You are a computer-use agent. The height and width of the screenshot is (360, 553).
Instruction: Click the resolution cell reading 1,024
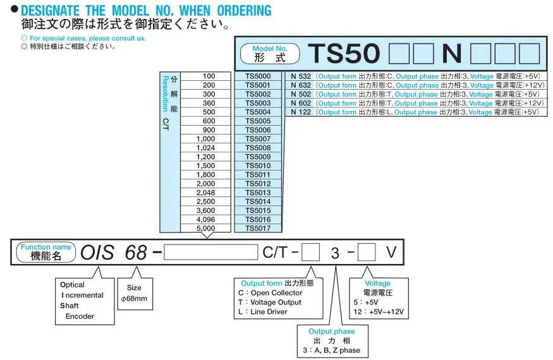click(205, 148)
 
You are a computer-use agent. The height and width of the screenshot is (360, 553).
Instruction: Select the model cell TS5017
click(258, 228)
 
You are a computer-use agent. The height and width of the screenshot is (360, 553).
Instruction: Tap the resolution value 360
click(209, 103)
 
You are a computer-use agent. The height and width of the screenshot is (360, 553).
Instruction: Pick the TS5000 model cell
click(258, 76)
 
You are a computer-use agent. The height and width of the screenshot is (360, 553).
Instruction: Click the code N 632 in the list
click(301, 85)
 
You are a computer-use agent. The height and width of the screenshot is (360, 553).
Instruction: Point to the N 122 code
click(301, 112)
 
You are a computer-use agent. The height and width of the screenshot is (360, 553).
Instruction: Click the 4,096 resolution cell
click(205, 219)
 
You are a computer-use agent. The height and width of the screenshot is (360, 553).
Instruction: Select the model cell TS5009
click(258, 157)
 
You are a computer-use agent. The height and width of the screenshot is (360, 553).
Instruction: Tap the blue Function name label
click(46, 247)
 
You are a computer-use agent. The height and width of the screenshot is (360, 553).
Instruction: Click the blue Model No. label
click(270, 48)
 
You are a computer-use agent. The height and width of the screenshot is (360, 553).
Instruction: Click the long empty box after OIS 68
click(211, 252)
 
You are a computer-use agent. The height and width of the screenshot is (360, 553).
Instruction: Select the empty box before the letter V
click(367, 252)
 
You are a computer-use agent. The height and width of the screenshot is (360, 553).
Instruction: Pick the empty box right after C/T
click(311, 252)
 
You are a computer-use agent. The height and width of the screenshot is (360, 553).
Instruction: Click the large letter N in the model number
click(451, 54)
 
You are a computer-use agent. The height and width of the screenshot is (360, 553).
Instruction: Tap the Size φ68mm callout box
click(135, 294)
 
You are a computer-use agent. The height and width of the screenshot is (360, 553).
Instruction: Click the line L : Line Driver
click(263, 312)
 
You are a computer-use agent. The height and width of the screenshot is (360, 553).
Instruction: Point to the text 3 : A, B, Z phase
click(332, 351)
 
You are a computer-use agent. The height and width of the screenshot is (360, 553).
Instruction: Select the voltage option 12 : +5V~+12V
click(379, 312)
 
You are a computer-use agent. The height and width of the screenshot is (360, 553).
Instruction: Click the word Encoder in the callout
click(80, 316)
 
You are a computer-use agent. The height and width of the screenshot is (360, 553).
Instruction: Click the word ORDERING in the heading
click(244, 11)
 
